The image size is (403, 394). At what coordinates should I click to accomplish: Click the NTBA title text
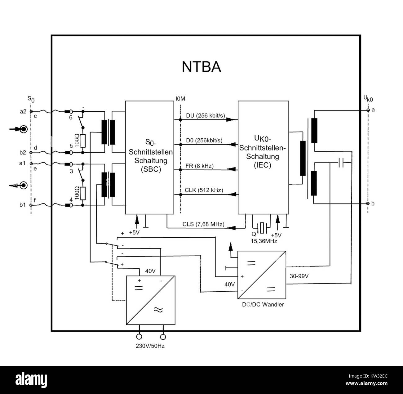201,67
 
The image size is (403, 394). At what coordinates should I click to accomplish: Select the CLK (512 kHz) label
204,190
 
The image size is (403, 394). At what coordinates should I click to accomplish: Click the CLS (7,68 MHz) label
203,224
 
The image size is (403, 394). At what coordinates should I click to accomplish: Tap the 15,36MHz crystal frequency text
264,241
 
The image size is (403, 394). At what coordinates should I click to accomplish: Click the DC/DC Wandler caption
263,304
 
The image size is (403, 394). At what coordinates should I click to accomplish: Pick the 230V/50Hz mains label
150,346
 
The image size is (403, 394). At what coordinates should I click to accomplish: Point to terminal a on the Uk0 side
368,110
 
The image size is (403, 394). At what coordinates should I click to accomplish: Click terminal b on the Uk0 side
368,204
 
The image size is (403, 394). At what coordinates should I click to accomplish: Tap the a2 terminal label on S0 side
23,111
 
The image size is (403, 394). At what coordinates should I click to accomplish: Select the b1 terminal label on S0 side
23,205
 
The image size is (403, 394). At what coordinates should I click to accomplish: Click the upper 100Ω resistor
82,141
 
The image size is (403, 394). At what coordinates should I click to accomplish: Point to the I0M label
180,99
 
